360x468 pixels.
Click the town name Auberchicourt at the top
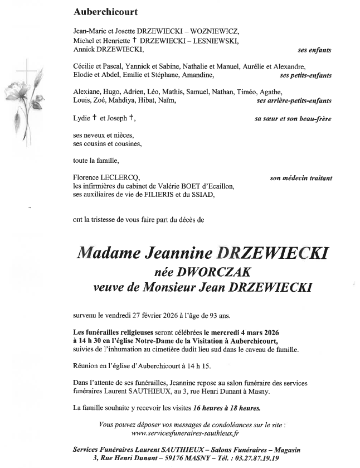tap(105, 11)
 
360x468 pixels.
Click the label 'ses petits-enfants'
tap(306, 75)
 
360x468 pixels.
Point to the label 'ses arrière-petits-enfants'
tap(295, 101)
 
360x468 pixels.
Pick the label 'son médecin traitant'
tap(300, 178)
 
